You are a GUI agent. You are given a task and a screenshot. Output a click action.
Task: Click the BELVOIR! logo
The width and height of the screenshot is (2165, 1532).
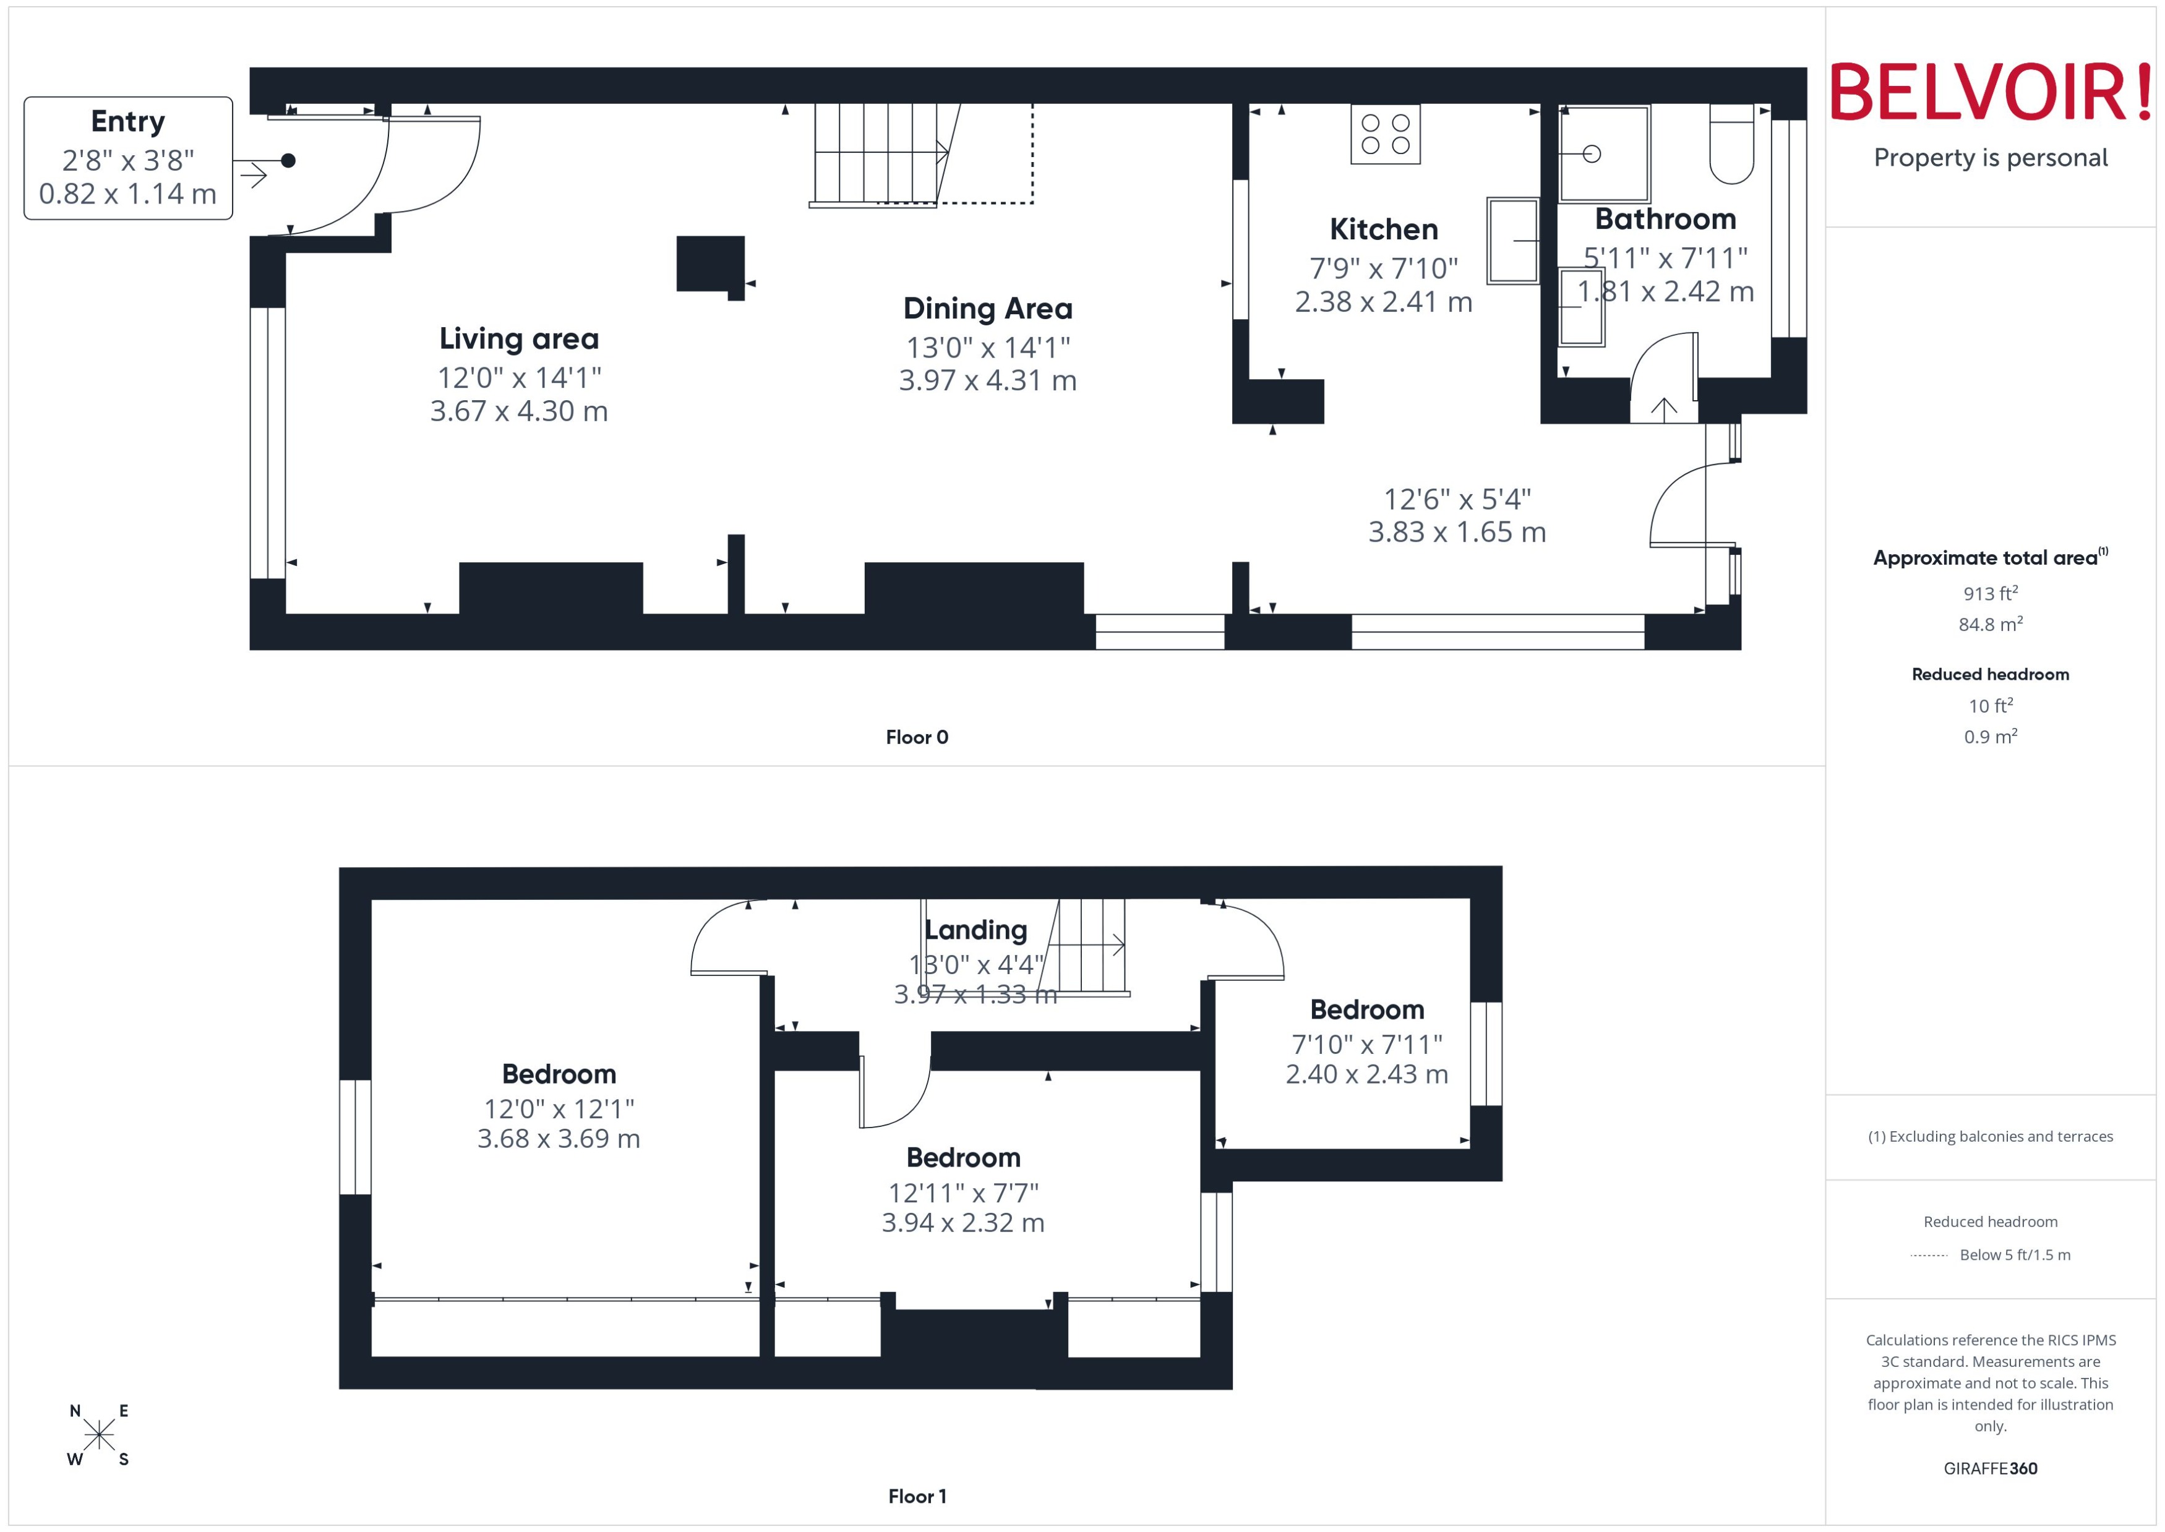[x=1991, y=92]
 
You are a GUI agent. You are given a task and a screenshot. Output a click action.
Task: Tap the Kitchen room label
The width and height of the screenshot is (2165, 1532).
[x=1383, y=229]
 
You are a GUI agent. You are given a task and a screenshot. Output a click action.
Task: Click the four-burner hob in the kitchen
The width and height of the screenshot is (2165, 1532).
[x=1385, y=134]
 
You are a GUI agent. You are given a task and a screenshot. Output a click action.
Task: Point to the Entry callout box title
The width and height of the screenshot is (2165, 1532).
[x=127, y=122]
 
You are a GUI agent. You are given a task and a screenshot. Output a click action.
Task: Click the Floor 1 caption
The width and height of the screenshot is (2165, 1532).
[x=916, y=1496]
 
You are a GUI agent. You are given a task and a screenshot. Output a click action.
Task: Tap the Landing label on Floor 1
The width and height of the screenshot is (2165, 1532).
[x=975, y=930]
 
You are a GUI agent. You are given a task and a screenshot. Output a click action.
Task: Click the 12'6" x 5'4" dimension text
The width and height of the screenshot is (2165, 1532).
[x=1457, y=499]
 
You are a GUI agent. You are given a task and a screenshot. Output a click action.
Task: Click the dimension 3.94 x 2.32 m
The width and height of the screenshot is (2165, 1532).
[x=962, y=1223]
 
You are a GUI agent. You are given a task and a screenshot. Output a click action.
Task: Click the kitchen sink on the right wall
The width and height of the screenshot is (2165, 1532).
[x=1512, y=241]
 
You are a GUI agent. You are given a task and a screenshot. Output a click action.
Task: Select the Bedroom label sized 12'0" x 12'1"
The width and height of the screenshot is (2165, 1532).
[x=559, y=1074]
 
